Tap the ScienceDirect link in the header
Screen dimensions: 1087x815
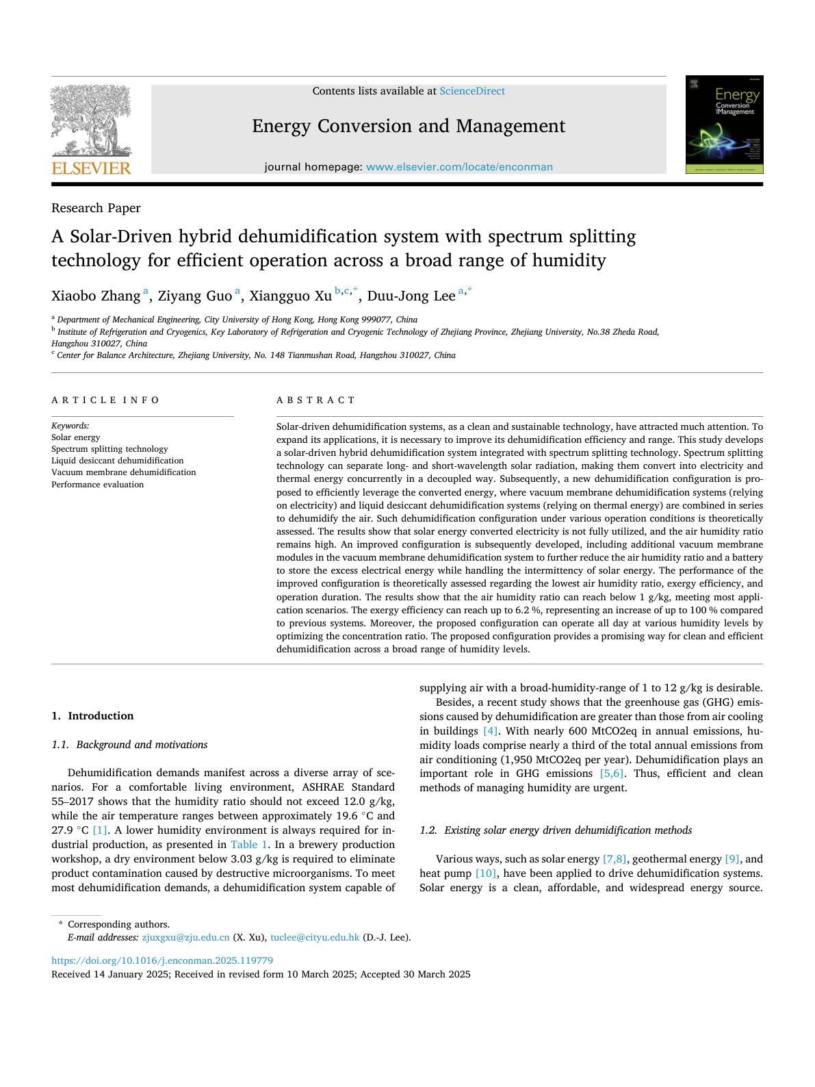click(472, 91)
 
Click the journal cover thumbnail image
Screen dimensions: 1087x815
click(724, 125)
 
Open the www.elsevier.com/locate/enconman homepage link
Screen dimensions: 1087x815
click(459, 167)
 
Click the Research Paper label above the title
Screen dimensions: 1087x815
click(96, 208)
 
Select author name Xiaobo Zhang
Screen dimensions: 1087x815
click(96, 296)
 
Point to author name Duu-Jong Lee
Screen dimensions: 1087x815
click(411, 296)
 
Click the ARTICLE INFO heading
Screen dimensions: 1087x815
click(105, 400)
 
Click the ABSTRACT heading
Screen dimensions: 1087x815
click(315, 400)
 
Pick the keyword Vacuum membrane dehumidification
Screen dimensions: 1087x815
click(123, 472)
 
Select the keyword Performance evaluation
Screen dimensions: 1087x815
click(97, 485)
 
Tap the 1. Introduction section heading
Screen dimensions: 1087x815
click(92, 716)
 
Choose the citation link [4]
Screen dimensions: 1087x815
click(491, 731)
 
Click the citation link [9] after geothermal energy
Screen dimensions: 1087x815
click(732, 859)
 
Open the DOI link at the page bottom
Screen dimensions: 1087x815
click(162, 960)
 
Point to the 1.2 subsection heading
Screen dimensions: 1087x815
click(556, 830)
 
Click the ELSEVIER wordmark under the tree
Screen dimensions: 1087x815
click(91, 168)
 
